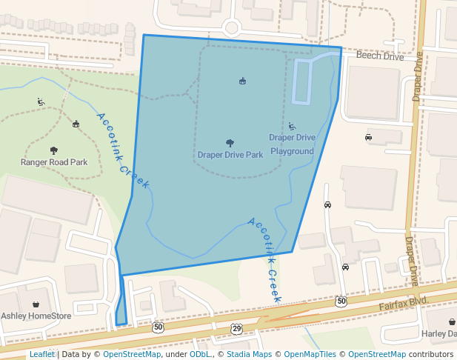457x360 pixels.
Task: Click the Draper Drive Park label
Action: click(x=230, y=156)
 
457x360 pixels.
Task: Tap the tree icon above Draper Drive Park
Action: click(x=230, y=143)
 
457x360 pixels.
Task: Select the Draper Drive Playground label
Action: click(x=292, y=144)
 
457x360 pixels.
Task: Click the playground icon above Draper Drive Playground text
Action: click(x=292, y=126)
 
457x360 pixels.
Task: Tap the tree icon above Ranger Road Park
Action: click(x=53, y=150)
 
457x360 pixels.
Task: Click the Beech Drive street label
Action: click(x=380, y=56)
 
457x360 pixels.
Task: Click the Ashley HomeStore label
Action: click(x=36, y=316)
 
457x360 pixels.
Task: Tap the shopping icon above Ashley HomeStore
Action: click(x=36, y=304)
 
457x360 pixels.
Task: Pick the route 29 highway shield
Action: click(x=236, y=328)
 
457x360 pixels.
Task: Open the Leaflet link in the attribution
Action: click(x=41, y=354)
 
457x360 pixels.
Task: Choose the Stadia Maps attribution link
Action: click(x=249, y=354)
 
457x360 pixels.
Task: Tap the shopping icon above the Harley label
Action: click(x=453, y=321)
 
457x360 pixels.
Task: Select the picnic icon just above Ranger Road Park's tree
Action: click(x=76, y=124)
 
